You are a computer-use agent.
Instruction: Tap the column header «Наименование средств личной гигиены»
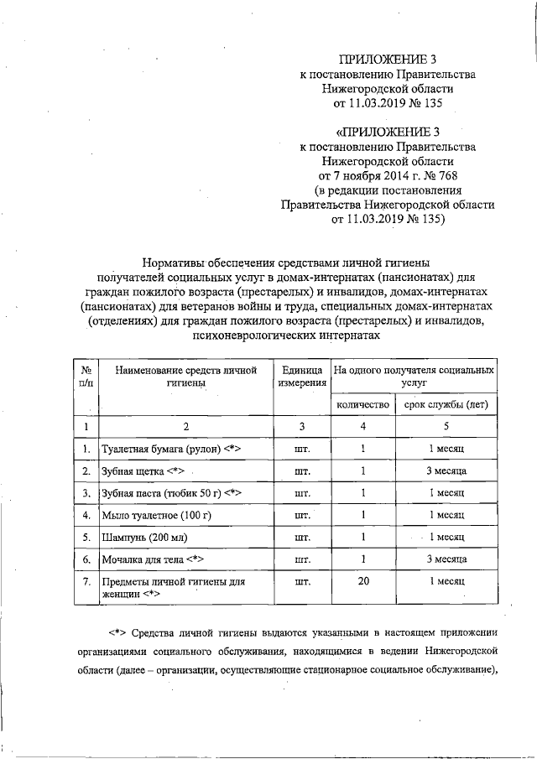coord(185,376)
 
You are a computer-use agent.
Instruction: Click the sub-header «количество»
coord(363,404)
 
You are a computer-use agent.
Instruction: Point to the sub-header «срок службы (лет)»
coord(446,404)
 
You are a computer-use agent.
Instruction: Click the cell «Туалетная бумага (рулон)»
coord(171,450)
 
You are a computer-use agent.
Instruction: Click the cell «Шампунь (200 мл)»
coord(143,537)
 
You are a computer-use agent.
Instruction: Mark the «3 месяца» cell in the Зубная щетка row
coord(446,471)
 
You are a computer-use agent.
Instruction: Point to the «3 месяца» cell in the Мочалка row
coord(446,559)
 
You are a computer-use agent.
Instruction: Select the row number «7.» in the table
coord(86,580)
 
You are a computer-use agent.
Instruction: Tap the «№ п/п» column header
coord(86,376)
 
